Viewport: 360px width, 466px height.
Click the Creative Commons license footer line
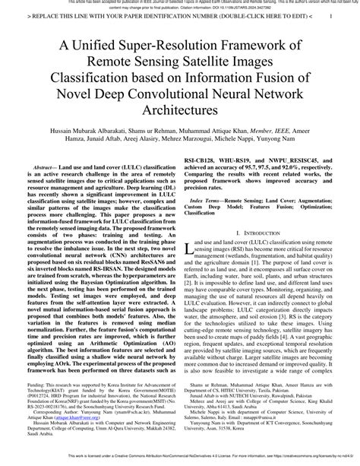click(x=180, y=458)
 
